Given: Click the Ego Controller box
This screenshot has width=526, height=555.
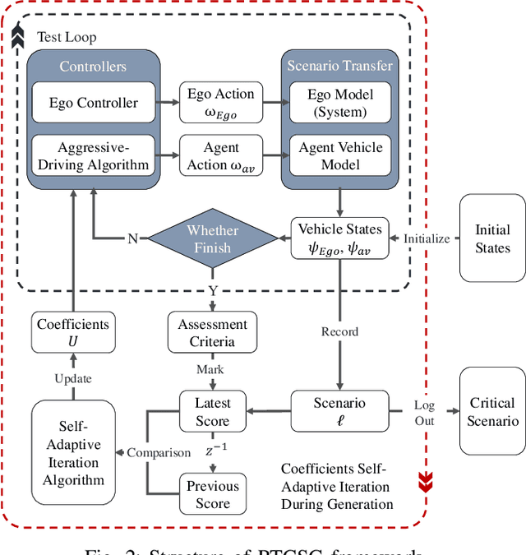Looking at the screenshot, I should [93, 104].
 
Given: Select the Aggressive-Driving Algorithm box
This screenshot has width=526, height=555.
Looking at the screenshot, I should [93, 156].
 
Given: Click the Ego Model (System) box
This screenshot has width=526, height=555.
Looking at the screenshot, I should [339, 104].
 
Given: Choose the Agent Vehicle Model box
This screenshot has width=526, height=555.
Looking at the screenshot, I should [339, 156].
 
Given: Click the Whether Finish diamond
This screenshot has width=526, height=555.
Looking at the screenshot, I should [212, 239].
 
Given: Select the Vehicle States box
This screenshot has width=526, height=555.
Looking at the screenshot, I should [339, 239].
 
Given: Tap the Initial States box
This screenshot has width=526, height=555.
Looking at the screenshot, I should [492, 239].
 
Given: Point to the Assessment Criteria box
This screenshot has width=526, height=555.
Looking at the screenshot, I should [212, 333].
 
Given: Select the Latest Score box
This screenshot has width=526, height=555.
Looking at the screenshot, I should [212, 412].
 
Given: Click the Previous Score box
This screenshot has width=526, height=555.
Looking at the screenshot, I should [212, 494].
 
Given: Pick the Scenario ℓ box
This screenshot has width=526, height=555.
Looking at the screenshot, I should [339, 412].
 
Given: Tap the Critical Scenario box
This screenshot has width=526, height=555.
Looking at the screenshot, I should [492, 411].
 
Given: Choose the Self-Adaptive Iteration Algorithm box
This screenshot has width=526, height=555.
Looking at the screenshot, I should [73, 453].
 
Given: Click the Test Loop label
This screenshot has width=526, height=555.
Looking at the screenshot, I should [67, 38].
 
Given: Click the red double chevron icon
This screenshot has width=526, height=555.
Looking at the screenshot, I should [425, 479].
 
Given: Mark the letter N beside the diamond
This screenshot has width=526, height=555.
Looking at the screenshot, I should [132, 239].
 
